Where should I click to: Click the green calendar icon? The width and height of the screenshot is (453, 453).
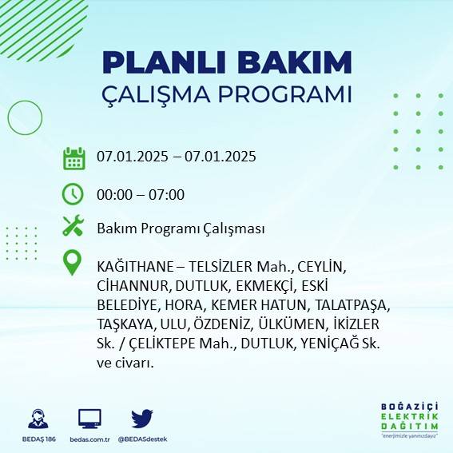coord(74,158)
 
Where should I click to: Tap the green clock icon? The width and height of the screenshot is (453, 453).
coord(74,193)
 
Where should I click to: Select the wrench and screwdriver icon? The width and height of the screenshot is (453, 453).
coord(74,227)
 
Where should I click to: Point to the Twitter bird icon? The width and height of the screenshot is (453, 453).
coord(142,418)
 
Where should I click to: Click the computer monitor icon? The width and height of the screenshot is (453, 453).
coord(89,418)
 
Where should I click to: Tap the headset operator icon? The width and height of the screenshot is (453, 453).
coord(37,418)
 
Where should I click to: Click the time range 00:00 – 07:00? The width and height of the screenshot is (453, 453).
coord(141,194)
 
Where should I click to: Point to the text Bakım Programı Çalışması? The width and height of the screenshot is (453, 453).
coord(181,228)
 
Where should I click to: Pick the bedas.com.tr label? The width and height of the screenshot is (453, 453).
coord(89,439)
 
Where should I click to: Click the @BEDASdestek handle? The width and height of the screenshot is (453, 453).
coord(142,439)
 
